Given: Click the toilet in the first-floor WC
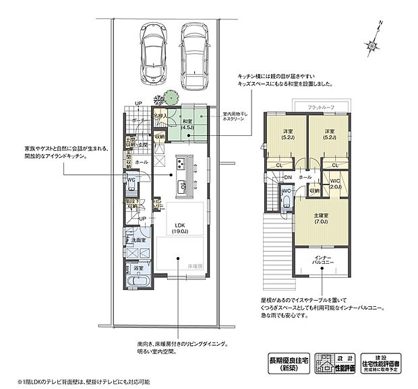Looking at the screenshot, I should [131, 183].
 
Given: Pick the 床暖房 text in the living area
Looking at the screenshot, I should [195, 267].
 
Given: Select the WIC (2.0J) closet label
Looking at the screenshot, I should [335, 183].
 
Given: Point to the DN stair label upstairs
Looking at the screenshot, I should [287, 177].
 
